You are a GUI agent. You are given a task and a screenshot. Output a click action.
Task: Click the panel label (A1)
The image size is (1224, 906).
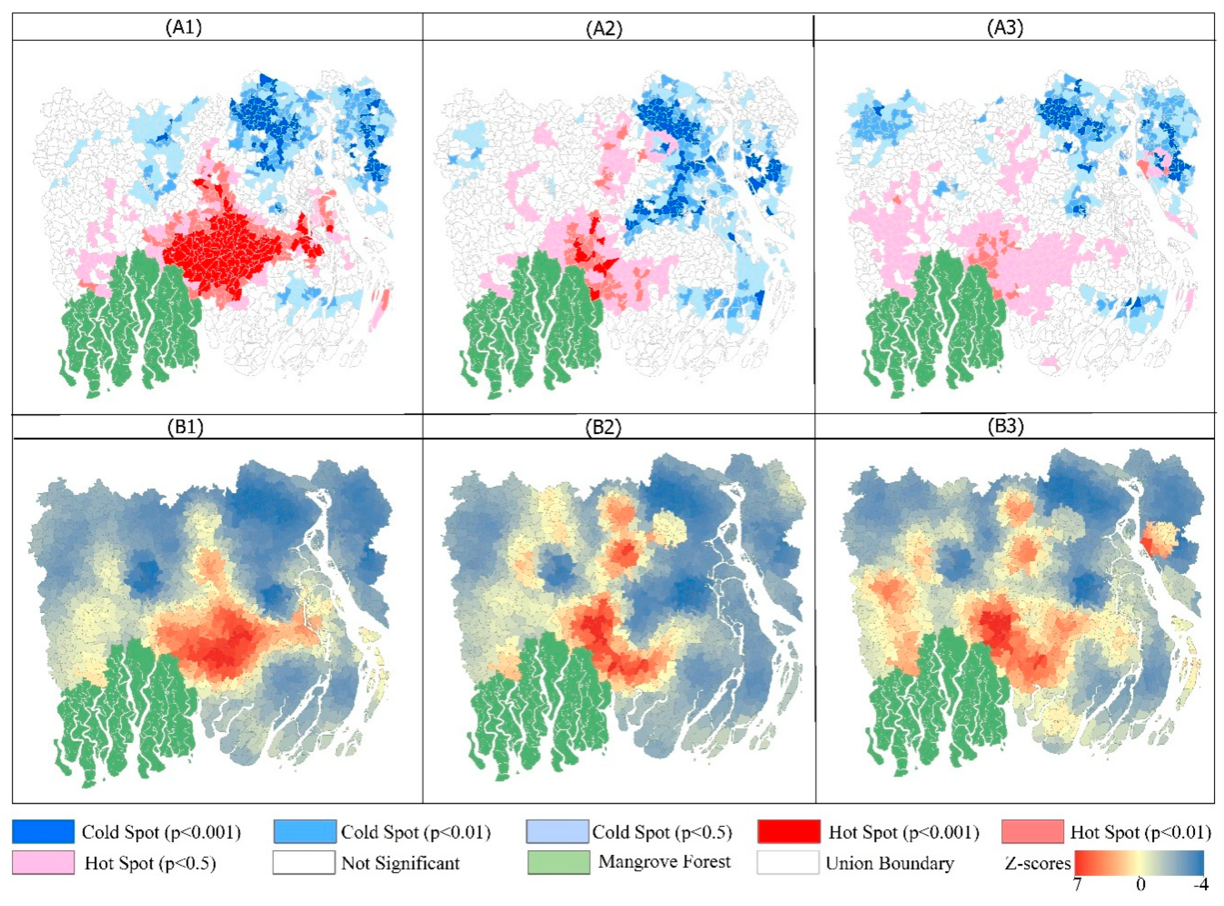coord(184,27)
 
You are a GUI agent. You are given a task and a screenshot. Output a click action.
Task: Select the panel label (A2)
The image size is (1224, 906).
coord(604,28)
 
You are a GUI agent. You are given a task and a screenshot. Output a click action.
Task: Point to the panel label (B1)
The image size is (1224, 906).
coord(185,426)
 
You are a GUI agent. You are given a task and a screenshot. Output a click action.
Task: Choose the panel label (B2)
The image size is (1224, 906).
coord(604,427)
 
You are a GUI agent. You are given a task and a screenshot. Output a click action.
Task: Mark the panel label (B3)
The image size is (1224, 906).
coord(1005,426)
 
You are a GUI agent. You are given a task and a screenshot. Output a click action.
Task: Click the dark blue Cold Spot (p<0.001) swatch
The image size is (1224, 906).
coord(43,831)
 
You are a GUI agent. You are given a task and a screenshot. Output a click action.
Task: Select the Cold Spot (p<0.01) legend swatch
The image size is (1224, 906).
coord(305,831)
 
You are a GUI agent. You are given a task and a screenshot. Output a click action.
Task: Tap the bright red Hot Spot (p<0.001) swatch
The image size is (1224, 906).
coord(789,831)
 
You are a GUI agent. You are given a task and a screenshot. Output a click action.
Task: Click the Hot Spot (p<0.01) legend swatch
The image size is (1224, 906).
coord(1032,831)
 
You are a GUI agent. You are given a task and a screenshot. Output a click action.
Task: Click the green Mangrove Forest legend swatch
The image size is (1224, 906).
coord(558,862)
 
